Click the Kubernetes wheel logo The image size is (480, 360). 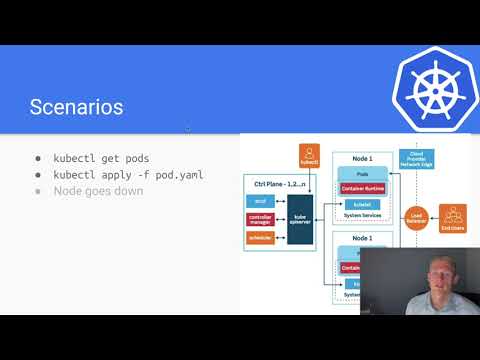[431, 85]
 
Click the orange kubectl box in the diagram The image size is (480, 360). [308, 155]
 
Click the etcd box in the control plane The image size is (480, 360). [260, 200]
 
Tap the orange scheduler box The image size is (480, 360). [260, 237]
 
